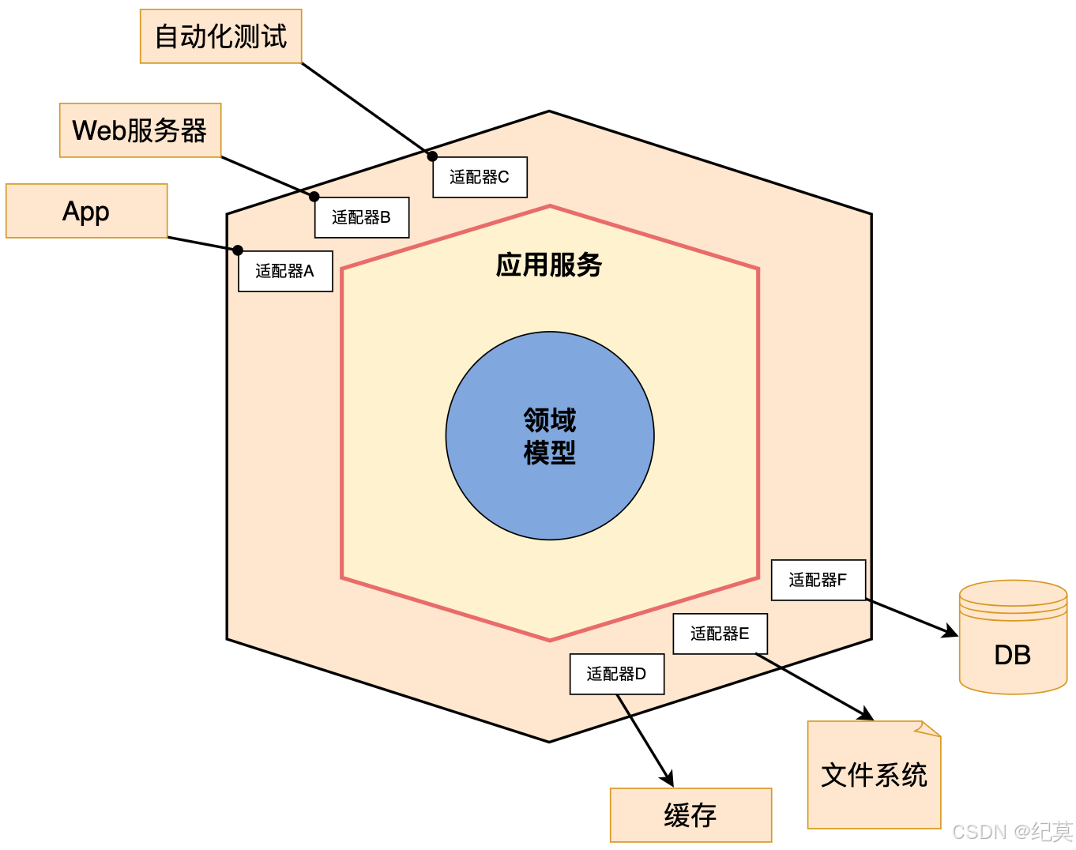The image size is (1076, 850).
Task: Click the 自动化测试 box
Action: click(220, 36)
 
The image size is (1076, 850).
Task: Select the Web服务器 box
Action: click(140, 130)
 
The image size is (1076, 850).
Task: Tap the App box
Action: click(86, 211)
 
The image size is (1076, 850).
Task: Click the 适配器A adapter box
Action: click(285, 271)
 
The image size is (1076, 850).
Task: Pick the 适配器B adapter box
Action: click(361, 217)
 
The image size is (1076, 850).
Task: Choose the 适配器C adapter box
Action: click(480, 177)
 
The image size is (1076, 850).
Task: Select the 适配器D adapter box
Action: click(616, 674)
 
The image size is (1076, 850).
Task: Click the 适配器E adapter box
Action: click(720, 634)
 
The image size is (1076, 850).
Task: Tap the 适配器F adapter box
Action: click(818, 580)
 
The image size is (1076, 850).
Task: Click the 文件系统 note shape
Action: click(874, 775)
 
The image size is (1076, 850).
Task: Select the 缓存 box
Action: click(690, 815)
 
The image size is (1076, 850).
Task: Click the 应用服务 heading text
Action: click(549, 265)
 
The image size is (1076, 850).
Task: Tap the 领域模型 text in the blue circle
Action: click(550, 436)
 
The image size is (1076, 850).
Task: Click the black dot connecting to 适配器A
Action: click(238, 250)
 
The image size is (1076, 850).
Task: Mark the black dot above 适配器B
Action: click(314, 197)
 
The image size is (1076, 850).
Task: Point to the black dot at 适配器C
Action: click(432, 156)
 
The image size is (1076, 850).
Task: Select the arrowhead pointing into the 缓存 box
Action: click(668, 780)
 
